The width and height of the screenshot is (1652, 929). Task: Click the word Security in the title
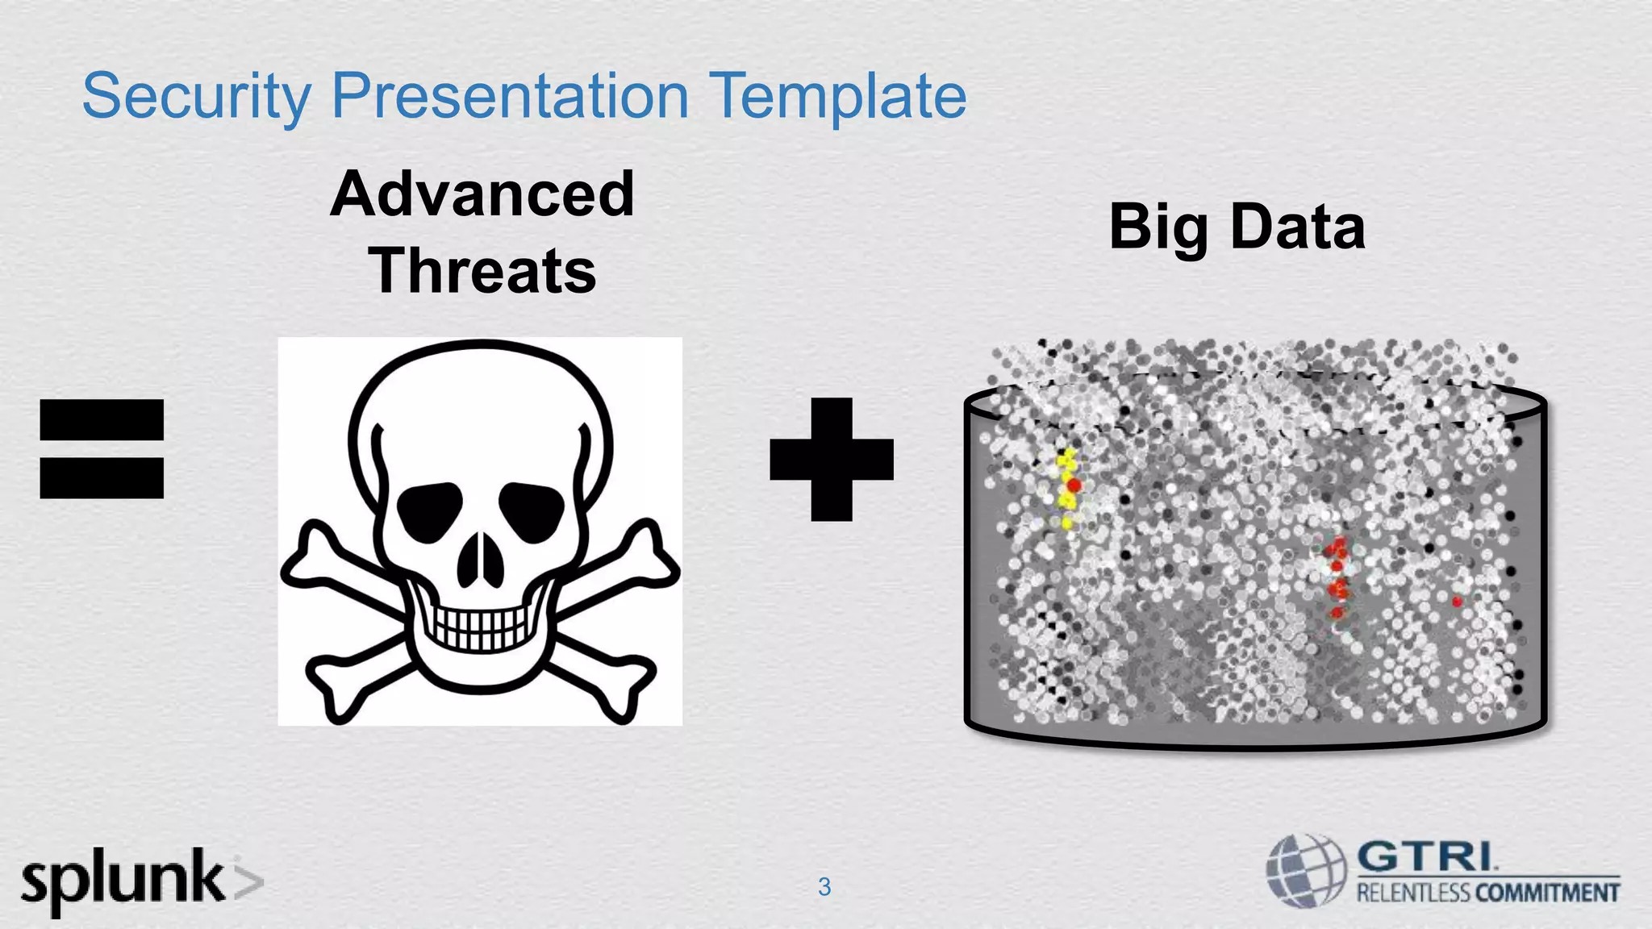(x=196, y=96)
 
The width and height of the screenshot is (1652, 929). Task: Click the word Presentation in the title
(x=510, y=96)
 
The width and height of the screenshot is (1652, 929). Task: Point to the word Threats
(x=482, y=270)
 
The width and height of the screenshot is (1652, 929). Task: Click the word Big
(x=1158, y=227)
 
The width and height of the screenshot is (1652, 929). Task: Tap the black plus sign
(x=832, y=459)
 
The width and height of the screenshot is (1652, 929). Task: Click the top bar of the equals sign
(x=102, y=419)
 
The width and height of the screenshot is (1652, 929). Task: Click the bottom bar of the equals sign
(x=102, y=477)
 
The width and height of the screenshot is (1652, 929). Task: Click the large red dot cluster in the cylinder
(x=1337, y=574)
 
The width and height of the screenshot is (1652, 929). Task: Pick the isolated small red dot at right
(x=1457, y=602)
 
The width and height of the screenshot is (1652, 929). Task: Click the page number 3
(x=824, y=887)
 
